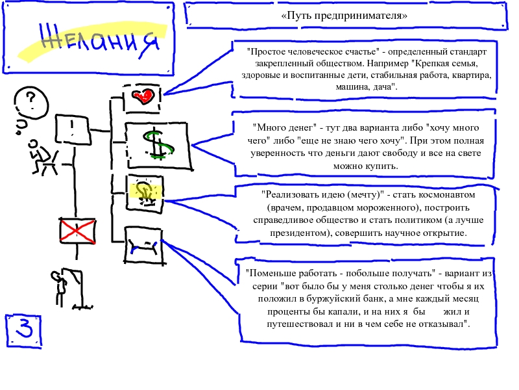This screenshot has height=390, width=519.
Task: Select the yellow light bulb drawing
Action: [x=145, y=190]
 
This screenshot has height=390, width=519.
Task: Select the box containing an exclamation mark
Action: [x=73, y=129]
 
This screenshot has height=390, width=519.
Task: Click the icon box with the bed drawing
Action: [x=143, y=245]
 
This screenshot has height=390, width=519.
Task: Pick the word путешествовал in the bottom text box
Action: [x=280, y=324]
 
